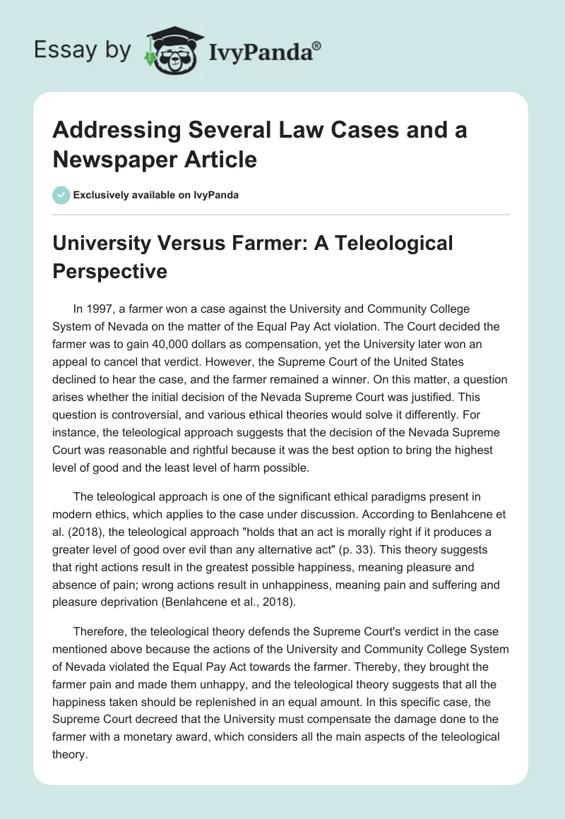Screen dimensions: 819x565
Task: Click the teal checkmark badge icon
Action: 61,195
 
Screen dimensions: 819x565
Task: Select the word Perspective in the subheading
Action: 111,271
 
